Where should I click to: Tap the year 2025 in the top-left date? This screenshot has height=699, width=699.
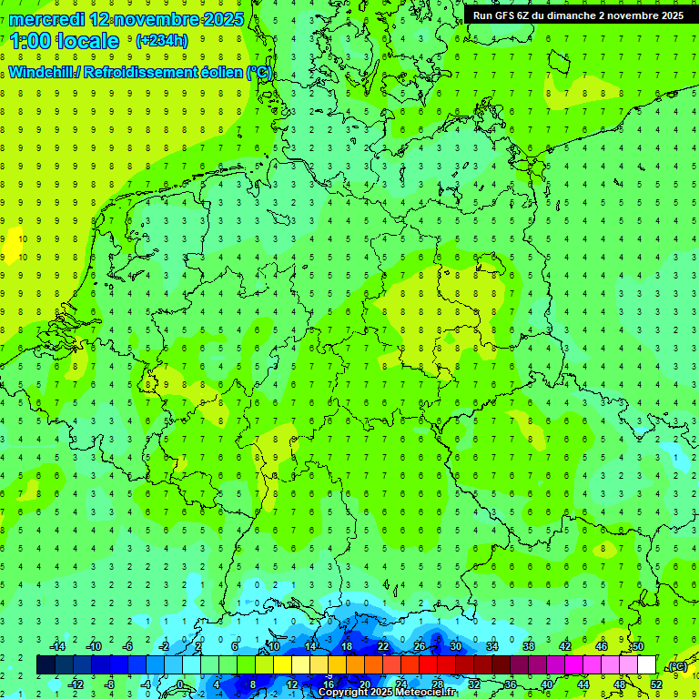221,19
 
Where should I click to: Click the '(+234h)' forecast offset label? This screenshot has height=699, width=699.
162,41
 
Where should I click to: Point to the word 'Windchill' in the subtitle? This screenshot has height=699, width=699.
41,73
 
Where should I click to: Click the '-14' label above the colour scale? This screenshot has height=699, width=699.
60,646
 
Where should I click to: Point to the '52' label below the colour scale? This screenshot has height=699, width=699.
656,684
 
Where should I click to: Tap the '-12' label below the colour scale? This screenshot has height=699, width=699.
77,684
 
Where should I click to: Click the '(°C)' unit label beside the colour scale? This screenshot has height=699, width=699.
678,666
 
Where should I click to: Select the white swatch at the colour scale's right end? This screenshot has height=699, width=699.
646,664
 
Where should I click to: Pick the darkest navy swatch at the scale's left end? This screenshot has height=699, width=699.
46,664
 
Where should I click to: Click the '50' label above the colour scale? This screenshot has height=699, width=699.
638,646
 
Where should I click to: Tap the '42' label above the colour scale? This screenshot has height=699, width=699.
565,646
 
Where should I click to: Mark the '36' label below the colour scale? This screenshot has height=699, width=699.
511,684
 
